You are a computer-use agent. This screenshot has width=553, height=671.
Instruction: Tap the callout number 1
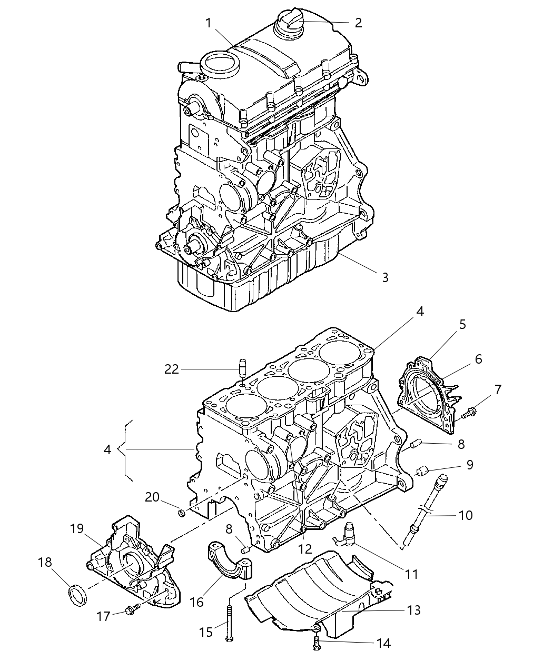209,23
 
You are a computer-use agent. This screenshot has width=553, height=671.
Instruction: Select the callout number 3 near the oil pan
385,277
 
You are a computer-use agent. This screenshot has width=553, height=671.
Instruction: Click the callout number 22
172,369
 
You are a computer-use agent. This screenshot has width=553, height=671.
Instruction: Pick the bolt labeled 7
468,412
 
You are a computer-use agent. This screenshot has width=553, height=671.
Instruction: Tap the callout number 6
478,359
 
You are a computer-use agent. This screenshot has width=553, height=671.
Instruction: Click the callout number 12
305,549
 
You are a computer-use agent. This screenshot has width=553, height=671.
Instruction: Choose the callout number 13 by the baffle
414,610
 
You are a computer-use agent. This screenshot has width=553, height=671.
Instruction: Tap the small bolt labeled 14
317,644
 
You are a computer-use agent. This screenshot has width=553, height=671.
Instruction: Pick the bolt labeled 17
131,609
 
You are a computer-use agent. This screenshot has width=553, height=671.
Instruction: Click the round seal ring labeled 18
78,595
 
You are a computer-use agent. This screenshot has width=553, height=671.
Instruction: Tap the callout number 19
77,528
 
